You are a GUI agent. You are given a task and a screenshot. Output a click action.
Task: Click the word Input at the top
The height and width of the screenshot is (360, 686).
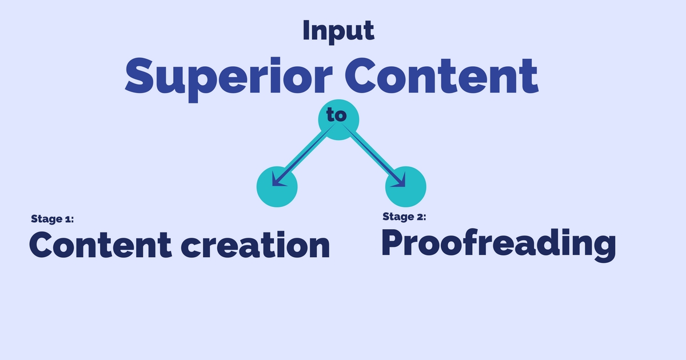pyautogui.click(x=338, y=31)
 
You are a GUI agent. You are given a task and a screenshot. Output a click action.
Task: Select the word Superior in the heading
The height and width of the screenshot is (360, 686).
pyautogui.click(x=229, y=79)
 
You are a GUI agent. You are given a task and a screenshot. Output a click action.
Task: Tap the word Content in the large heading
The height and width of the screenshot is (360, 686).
pyautogui.click(x=441, y=76)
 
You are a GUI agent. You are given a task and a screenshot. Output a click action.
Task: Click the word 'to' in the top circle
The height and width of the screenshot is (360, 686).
pyautogui.click(x=337, y=114)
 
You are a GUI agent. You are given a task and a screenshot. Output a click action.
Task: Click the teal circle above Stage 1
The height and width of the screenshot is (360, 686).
pyautogui.click(x=277, y=187)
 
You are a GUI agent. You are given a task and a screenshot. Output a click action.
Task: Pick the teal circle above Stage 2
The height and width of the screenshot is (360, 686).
pyautogui.click(x=406, y=187)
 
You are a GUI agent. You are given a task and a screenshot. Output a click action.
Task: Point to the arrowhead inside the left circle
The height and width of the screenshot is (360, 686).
pyautogui.click(x=277, y=181)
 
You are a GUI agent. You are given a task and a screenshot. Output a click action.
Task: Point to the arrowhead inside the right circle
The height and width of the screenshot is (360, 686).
pyautogui.click(x=400, y=181)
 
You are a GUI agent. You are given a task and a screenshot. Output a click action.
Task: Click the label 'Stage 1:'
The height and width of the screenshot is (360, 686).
pyautogui.click(x=53, y=219)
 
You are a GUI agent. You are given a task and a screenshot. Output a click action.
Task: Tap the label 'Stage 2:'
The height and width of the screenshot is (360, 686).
pyautogui.click(x=404, y=217)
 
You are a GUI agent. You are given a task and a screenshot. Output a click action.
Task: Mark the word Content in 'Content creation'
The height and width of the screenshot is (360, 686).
pyautogui.click(x=101, y=246)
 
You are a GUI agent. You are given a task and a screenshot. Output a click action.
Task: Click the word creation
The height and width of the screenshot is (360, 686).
pyautogui.click(x=256, y=246)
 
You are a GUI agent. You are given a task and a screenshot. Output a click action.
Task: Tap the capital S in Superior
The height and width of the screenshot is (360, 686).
pyautogui.click(x=139, y=75)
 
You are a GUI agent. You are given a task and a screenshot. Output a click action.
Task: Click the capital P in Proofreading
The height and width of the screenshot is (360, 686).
pyautogui.click(x=393, y=242)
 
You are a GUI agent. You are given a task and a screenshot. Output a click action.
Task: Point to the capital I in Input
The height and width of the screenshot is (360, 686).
pyautogui.click(x=306, y=30)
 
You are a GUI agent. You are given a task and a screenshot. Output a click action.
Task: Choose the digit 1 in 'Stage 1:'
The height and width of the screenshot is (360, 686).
pyautogui.click(x=68, y=219)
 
